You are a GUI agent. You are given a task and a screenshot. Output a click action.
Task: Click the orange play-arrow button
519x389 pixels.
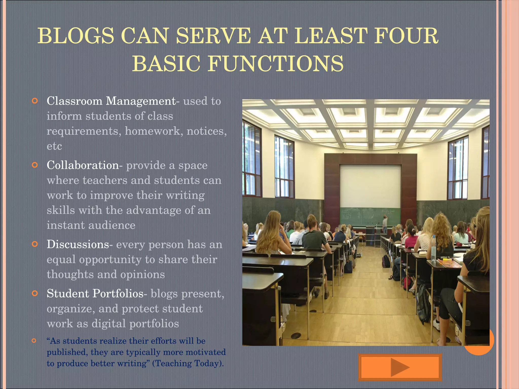pyautogui.click(x=400, y=367)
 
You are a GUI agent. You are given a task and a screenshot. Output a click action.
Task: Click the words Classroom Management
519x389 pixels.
pyautogui.click(x=111, y=101)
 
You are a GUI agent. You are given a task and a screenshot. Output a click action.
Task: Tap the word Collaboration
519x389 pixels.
pyautogui.click(x=83, y=165)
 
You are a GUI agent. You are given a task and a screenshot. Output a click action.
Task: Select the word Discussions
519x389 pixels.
pyautogui.click(x=78, y=244)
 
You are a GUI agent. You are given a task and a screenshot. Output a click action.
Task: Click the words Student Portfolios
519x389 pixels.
pyautogui.click(x=95, y=294)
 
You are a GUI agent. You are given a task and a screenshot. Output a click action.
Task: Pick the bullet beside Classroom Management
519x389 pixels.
pyautogui.click(x=35, y=101)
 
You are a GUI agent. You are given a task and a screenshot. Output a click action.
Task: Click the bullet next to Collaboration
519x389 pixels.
pyautogui.click(x=35, y=165)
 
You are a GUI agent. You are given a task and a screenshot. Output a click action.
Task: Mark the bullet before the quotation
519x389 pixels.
pyautogui.click(x=34, y=341)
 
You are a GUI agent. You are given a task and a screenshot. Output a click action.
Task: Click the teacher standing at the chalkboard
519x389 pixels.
pyautogui.click(x=385, y=224)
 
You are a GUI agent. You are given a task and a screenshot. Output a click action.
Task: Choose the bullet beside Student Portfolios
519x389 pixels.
pyautogui.click(x=35, y=294)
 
